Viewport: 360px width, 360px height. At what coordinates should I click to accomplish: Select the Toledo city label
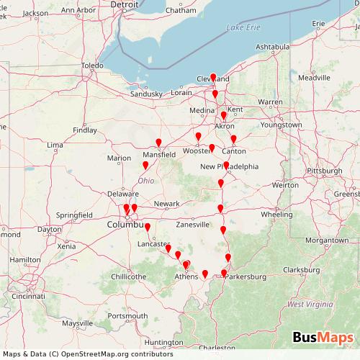coord(92,66)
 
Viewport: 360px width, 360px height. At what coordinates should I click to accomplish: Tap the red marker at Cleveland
coord(213,77)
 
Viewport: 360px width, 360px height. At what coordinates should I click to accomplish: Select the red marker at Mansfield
coord(159,143)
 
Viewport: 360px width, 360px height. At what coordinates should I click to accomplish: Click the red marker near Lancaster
coord(148,228)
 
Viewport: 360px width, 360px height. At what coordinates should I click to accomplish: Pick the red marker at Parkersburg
coord(224,273)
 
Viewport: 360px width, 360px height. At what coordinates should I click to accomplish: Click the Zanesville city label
coord(192,224)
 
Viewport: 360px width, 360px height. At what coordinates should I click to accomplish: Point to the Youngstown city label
coord(282,125)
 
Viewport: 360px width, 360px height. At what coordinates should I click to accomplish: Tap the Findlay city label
coord(85,130)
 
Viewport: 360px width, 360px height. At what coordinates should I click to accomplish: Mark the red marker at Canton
coord(233,139)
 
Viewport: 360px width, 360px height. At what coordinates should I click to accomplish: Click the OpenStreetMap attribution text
coord(87,354)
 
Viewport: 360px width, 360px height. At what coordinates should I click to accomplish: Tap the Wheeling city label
coord(276,214)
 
